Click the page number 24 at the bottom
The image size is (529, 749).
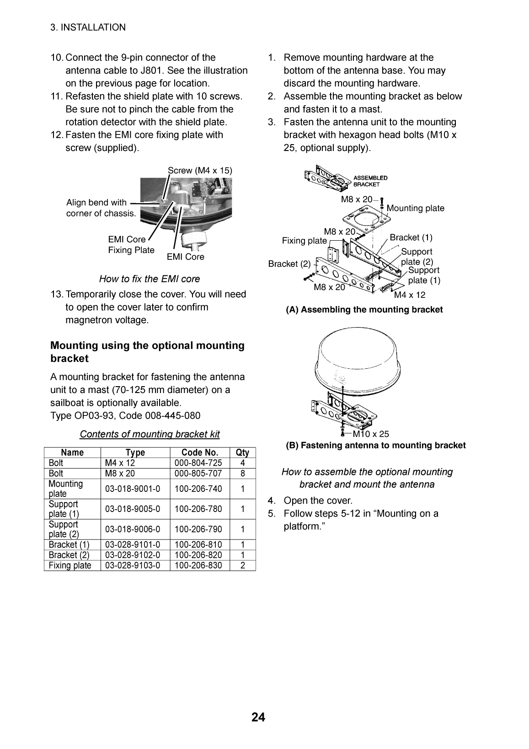pyautogui.click(x=258, y=717)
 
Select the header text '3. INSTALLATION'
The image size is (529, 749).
pyautogui.click(x=88, y=27)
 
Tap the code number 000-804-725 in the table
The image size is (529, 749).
pyautogui.click(x=198, y=463)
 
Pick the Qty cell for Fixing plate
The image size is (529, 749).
pyautogui.click(x=242, y=565)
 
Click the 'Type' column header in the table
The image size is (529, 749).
pyautogui.click(x=135, y=453)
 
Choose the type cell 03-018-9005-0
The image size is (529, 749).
pyautogui.click(x=133, y=509)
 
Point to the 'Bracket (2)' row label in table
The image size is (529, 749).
pyautogui.click(x=69, y=555)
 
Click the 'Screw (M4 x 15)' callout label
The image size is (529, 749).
pyautogui.click(x=200, y=170)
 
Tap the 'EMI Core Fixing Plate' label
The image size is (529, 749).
pyautogui.click(x=131, y=245)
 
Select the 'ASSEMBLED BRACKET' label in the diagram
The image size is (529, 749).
pyautogui.click(x=370, y=181)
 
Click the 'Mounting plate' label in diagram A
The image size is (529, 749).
pyautogui.click(x=415, y=208)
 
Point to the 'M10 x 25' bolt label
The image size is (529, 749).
pyautogui.click(x=371, y=434)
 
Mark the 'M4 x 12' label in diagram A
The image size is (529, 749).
pyautogui.click(x=410, y=295)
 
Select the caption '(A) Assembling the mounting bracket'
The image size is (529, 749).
pyautogui.click(x=364, y=310)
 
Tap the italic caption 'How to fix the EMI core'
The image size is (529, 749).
pyautogui.click(x=150, y=279)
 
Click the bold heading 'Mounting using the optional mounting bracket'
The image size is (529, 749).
pyautogui.click(x=147, y=352)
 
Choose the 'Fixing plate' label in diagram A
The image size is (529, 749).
pyautogui.click(x=304, y=241)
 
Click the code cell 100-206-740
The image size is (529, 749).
pyautogui.click(x=198, y=489)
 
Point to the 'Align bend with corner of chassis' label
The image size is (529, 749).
pyautogui.click(x=101, y=208)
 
